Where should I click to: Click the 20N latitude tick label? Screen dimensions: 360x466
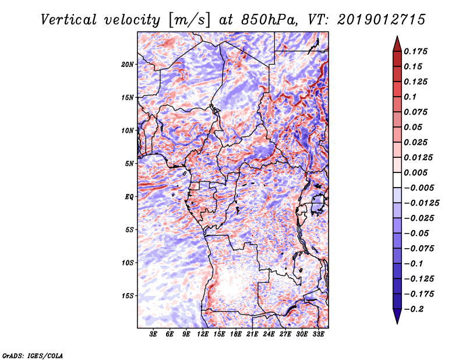click(128, 64)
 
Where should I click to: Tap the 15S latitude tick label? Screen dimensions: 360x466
click(128, 295)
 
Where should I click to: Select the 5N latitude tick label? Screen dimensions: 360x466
click(129, 163)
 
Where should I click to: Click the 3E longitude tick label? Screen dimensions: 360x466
click(154, 334)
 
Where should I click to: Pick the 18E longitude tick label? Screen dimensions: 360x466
click(236, 334)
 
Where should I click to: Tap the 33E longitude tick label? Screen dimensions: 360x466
click(318, 334)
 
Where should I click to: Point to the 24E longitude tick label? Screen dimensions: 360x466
click(269, 334)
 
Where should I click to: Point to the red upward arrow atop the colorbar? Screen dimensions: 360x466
click(397, 43)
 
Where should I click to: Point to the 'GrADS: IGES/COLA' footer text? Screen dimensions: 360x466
click(32, 355)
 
